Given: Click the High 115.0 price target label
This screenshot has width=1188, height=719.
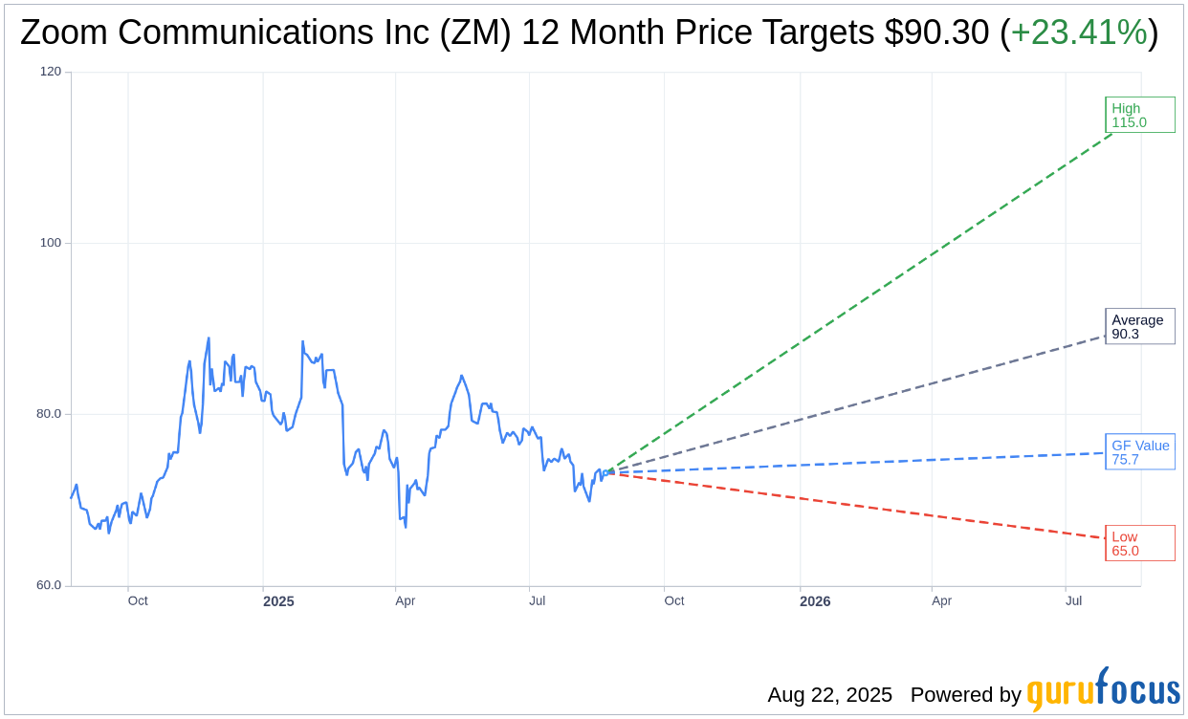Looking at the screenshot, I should tap(1139, 115).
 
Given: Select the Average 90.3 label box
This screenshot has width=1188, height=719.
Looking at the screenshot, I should tap(1139, 326).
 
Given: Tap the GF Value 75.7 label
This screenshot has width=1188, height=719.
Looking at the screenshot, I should tap(1139, 452).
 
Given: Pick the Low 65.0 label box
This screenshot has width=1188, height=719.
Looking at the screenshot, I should tap(1139, 543).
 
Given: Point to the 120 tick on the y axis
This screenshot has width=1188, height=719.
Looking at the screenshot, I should tap(50, 72).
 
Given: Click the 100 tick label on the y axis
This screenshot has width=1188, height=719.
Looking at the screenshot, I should tap(50, 243).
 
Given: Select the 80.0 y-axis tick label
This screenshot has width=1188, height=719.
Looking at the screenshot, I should tap(48, 414).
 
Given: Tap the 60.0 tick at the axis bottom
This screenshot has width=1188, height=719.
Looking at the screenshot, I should tap(48, 585).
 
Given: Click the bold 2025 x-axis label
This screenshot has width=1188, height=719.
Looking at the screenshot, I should tap(278, 601).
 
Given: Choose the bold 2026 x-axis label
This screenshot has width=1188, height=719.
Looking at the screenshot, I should tap(815, 601).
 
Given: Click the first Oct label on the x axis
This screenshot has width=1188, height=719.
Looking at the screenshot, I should tap(138, 600).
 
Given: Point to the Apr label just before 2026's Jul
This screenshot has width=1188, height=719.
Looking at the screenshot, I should tap(941, 600).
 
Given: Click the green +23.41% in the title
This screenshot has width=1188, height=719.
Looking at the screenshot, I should tap(1078, 33).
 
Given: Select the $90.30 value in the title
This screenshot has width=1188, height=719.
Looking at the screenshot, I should tap(936, 33).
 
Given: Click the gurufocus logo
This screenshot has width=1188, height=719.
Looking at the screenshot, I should tap(1103, 689).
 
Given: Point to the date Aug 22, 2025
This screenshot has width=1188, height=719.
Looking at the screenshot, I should tap(829, 695).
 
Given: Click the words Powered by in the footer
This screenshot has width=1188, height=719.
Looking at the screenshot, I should tap(965, 695).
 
